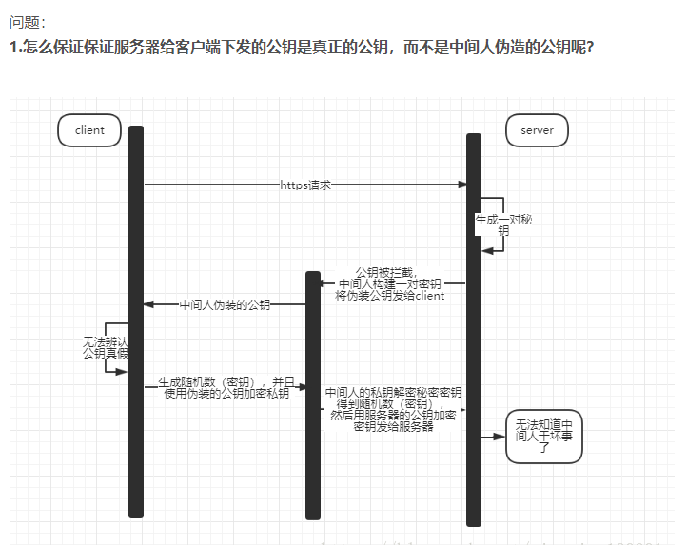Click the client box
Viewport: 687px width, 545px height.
point(89,130)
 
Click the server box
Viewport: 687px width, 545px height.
point(537,130)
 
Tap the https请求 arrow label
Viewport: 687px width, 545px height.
point(305,185)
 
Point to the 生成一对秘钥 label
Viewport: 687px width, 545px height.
point(503,224)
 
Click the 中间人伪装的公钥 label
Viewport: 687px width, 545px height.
point(225,305)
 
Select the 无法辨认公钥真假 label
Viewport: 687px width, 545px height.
point(106,347)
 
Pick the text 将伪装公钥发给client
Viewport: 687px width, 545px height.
point(390,296)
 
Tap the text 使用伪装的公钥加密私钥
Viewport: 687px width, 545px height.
point(226,394)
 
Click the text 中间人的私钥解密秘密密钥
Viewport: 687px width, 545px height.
point(393,392)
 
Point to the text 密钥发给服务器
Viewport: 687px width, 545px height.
point(393,427)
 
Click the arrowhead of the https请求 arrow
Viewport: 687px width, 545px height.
point(461,185)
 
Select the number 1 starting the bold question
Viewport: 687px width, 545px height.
point(14,46)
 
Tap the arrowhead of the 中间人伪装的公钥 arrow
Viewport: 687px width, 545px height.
point(148,305)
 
